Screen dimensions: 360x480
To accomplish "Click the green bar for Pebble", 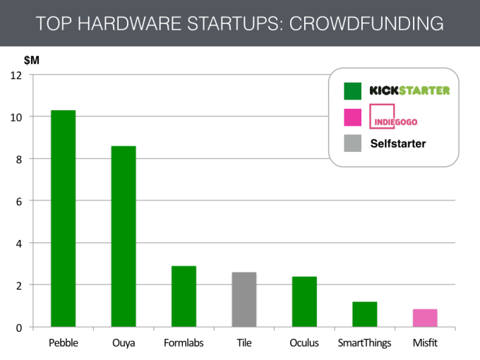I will [63, 219].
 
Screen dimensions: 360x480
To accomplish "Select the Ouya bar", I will [124, 236].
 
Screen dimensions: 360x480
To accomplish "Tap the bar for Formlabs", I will [184, 296].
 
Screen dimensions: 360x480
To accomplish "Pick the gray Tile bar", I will [244, 299].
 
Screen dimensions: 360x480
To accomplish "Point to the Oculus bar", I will [304, 301].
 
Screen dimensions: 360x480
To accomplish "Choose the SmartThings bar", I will [365, 314].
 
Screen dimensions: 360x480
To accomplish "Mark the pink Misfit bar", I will [425, 318].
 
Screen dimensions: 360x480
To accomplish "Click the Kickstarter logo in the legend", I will [409, 90].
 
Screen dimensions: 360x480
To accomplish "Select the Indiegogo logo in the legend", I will [394, 118].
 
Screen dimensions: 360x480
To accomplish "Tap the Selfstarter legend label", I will [399, 145].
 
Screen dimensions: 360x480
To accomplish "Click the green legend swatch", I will [352, 90].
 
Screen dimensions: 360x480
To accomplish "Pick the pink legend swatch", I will [352, 117].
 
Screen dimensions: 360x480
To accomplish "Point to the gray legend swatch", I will [352, 144].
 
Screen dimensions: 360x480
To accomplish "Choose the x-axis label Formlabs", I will [184, 343].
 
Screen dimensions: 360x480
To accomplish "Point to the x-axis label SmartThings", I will [365, 343].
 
